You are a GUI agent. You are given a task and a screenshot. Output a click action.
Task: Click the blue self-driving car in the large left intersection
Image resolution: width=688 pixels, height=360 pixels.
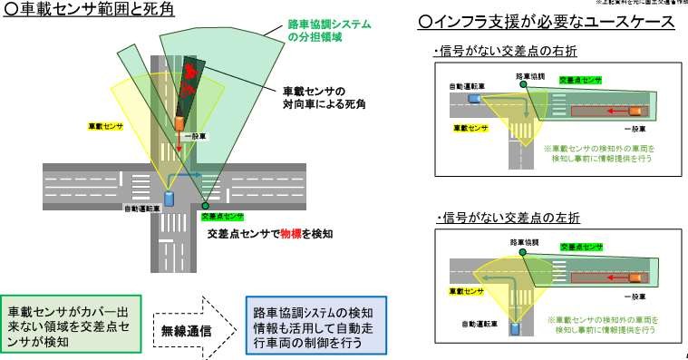click(x=168, y=198)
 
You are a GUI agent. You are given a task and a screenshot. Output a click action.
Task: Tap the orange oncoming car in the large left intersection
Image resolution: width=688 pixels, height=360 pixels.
click(x=180, y=122)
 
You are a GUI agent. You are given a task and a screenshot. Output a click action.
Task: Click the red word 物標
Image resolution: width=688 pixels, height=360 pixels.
click(x=291, y=233)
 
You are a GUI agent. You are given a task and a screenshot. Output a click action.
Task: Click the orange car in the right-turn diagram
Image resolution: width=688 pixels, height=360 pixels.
click(x=637, y=111)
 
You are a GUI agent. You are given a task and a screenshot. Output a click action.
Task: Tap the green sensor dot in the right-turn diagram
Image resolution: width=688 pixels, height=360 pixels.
click(x=524, y=86)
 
